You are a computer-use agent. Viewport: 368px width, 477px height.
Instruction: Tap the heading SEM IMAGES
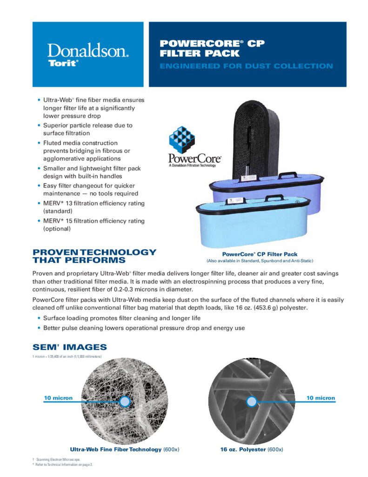pos(69,347)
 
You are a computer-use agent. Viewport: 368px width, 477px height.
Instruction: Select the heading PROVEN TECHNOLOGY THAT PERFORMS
pos(94,256)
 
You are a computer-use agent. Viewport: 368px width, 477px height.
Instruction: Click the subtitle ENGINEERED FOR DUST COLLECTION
pos(246,66)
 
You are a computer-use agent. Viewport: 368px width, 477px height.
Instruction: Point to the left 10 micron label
pos(58,398)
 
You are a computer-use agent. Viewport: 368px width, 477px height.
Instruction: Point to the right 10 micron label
pos(321,398)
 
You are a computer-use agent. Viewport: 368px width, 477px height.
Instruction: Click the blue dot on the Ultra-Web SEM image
pos(124,402)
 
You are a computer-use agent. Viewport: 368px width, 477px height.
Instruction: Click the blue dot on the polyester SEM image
pos(251,402)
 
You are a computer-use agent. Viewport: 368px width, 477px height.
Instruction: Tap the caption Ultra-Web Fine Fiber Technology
pos(116,450)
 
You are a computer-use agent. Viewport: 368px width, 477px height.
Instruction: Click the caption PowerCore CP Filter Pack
pos(260,254)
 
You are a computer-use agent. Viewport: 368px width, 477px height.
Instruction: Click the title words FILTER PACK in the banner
pos(193,53)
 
